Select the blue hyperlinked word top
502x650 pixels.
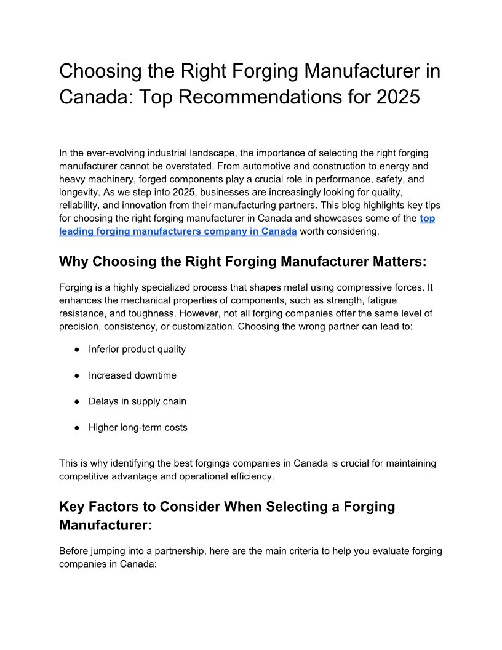[428, 219]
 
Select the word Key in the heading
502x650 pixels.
[71, 507]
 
